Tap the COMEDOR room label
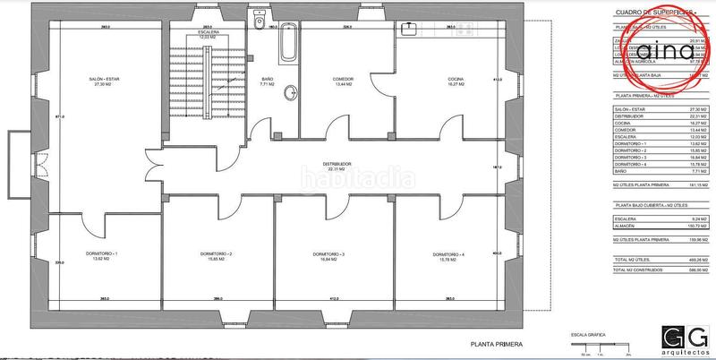click(x=344, y=79)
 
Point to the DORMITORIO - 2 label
click(x=216, y=254)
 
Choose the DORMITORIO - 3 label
click(x=329, y=254)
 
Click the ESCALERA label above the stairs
click(x=210, y=32)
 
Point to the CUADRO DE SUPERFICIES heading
click(x=647, y=12)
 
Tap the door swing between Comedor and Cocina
click(x=379, y=85)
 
